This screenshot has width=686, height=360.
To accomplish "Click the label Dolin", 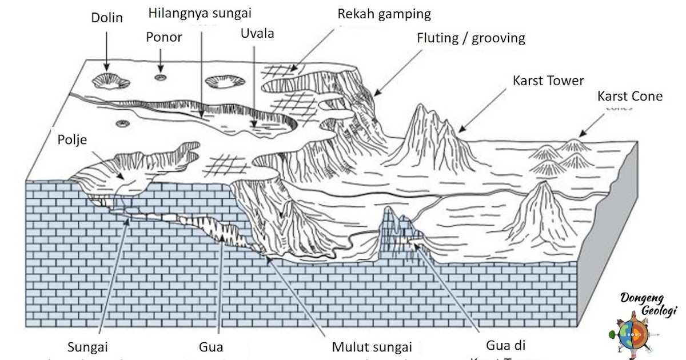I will click(107, 18).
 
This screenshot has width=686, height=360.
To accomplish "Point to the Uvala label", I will click(257, 33).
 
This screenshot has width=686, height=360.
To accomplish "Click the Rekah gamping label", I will click(384, 13).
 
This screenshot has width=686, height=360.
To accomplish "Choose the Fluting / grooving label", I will click(470, 38).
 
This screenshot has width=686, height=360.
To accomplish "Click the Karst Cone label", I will click(629, 96).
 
